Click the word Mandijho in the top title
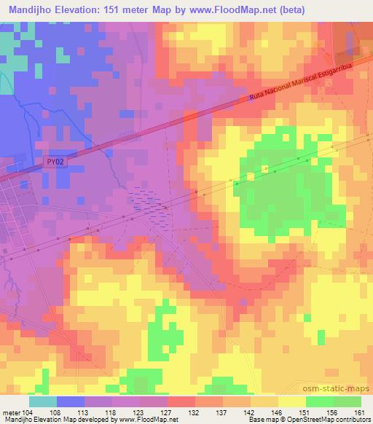(x=30, y=9)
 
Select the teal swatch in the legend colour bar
(x=43, y=401)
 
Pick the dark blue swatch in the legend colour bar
(x=71, y=401)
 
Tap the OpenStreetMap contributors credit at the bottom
(x=334, y=420)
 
